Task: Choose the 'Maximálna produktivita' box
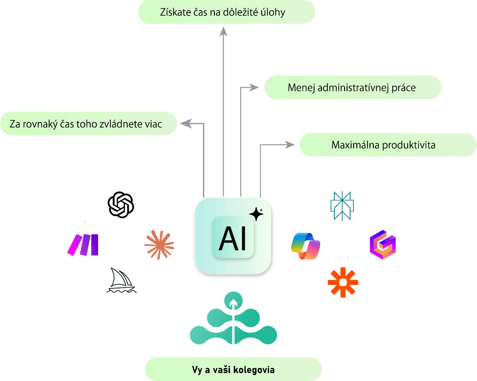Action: pos(383,145)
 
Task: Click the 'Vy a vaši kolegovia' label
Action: pos(233,369)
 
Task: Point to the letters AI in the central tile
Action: pos(233,239)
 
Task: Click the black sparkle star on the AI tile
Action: pos(256,214)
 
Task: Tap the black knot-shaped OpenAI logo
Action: pos(121,204)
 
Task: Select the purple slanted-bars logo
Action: pos(83,244)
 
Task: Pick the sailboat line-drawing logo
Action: pos(122,281)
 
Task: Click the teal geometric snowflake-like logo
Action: pos(342,206)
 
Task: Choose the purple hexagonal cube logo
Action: pos(382,245)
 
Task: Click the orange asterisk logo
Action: pos(343,282)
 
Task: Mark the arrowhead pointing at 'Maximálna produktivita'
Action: pos(289,145)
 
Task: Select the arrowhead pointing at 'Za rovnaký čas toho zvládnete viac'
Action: pos(185,124)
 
